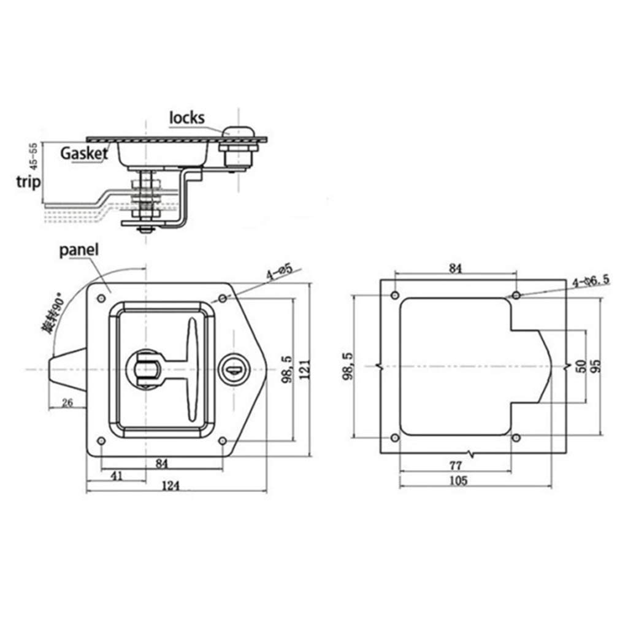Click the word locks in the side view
(x=186, y=117)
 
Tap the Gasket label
(x=84, y=153)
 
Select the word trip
(x=28, y=182)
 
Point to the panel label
(x=80, y=250)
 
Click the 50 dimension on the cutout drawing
(x=581, y=367)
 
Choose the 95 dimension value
(x=595, y=366)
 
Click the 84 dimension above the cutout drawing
(x=455, y=268)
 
